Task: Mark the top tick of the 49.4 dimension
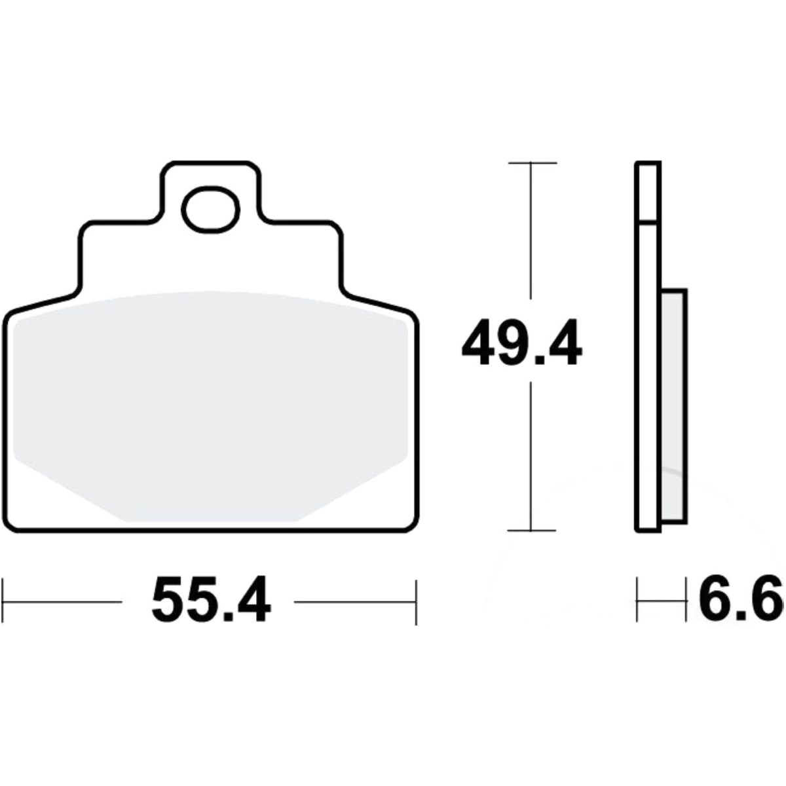pos(533,163)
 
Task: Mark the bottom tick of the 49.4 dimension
pos(531,531)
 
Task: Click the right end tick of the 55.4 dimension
pos(416,602)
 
